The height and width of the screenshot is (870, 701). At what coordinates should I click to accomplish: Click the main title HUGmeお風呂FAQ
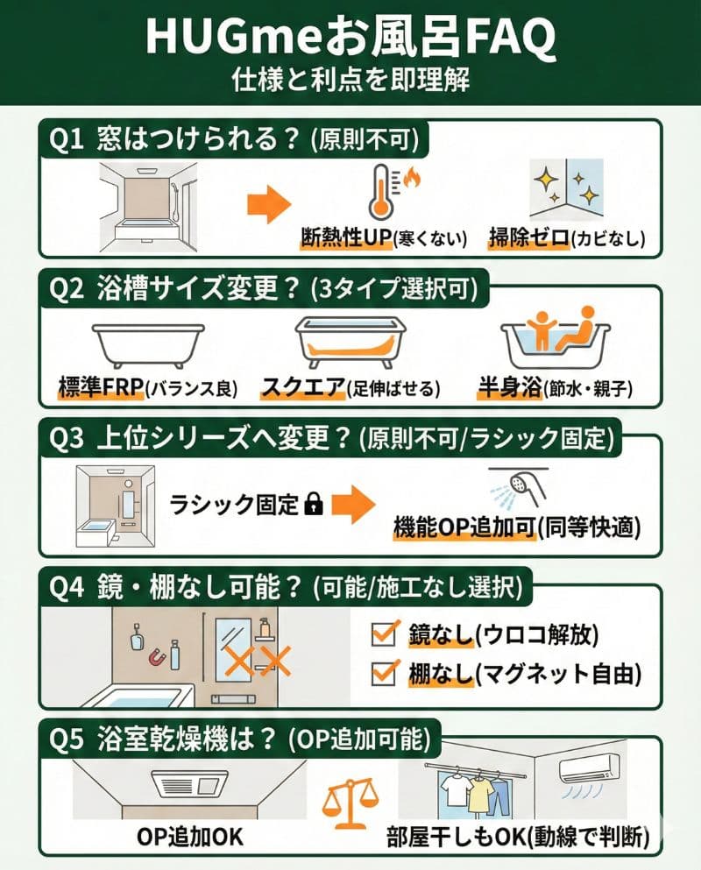point(350,37)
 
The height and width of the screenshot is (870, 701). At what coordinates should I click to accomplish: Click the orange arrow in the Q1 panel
point(267,207)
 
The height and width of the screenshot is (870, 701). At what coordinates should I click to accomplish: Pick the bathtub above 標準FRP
point(139,345)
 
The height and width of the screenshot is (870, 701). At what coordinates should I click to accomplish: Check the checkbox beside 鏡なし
point(383,633)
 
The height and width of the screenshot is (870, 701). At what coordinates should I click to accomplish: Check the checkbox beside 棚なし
point(383,673)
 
